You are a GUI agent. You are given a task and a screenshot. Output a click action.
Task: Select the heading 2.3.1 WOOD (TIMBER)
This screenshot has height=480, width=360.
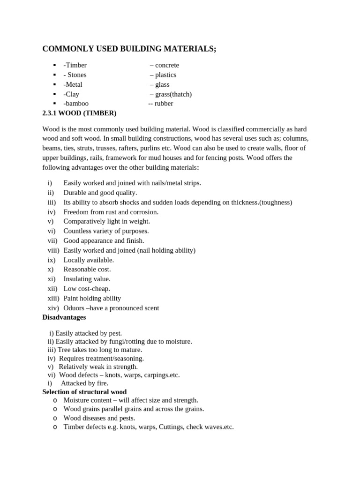click(x=79, y=113)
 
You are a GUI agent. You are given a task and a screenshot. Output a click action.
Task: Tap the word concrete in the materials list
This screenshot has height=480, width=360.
click(x=167, y=65)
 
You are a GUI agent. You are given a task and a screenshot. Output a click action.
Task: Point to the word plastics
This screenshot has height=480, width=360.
click(x=165, y=75)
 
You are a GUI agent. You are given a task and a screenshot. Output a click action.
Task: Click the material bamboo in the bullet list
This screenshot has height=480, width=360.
click(x=77, y=104)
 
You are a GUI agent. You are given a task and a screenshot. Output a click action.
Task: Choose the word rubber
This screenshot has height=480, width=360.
click(x=164, y=104)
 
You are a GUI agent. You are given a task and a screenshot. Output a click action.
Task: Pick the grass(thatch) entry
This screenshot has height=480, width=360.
click(x=173, y=94)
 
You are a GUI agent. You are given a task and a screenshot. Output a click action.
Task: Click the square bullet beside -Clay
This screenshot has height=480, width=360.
click(x=54, y=94)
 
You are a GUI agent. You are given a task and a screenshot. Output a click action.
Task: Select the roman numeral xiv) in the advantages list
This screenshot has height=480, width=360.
click(x=53, y=308)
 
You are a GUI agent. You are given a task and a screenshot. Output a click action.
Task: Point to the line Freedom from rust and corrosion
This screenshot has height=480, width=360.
click(x=111, y=212)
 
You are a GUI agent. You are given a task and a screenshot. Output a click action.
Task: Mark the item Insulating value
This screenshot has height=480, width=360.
click(x=87, y=279)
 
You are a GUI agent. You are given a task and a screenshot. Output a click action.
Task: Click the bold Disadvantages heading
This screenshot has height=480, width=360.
click(x=64, y=317)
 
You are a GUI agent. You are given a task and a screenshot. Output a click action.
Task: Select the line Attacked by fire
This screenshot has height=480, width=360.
click(x=84, y=383)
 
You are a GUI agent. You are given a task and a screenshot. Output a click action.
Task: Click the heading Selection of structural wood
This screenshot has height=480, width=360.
click(x=84, y=392)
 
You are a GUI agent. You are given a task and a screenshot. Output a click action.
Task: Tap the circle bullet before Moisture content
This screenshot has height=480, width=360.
click(x=55, y=400)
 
